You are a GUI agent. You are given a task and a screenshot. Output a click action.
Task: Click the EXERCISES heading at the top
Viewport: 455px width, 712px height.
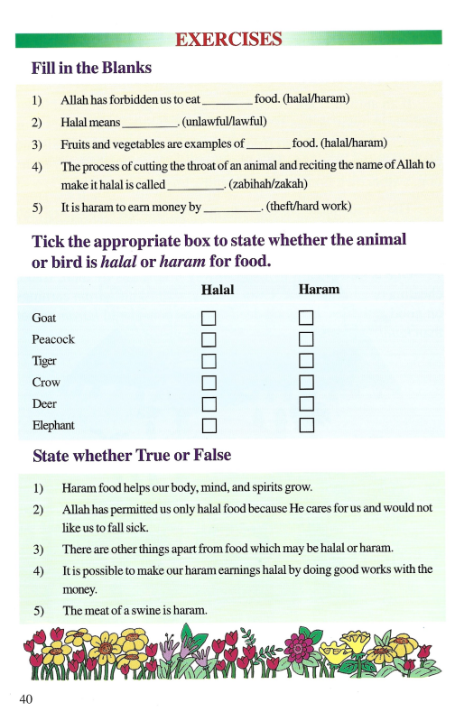pos(228,39)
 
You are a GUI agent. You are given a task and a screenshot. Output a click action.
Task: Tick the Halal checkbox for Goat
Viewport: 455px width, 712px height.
pos(209,318)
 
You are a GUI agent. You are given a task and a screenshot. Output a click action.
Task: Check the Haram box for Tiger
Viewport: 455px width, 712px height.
pos(306,360)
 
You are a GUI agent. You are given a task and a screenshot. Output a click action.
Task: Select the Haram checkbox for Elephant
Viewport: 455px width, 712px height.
pos(306,424)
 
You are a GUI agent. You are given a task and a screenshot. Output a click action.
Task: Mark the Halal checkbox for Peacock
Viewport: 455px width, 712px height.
pos(209,339)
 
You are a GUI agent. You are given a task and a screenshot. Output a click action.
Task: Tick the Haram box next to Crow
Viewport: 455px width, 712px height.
pos(306,382)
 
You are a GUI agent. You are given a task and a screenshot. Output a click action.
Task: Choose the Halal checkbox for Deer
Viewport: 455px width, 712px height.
pos(209,403)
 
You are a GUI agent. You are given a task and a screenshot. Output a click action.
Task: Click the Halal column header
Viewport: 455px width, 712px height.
pos(217,290)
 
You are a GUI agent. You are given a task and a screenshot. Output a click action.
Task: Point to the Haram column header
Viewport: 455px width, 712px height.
pos(319,290)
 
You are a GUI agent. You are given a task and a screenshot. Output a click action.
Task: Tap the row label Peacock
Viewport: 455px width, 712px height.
pos(53,339)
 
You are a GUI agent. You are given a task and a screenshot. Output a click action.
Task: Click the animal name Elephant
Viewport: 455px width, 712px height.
pos(53,424)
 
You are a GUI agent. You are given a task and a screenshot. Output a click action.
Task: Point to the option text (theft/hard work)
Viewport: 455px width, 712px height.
pos(309,208)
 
